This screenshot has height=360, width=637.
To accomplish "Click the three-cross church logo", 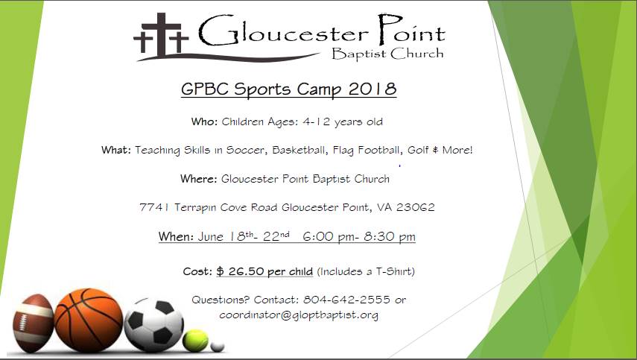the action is tap(161, 36).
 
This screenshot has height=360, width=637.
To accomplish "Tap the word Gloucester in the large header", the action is tap(283, 31).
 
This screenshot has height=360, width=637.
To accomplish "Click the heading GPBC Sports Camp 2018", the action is tap(288, 89).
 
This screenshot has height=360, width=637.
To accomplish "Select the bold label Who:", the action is tap(205, 122).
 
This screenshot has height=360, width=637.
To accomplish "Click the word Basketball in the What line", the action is tap(300, 151).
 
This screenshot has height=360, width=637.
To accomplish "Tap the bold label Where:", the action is tap(199, 179).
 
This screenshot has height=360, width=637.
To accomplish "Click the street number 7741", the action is tap(154, 208).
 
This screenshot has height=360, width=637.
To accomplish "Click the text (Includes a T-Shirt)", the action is tap(366, 271).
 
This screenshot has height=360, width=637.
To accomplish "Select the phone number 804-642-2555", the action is tap(346, 300).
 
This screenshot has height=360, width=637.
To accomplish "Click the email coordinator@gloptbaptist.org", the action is tap(299, 315).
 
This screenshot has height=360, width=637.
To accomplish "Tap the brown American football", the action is tap(33, 323).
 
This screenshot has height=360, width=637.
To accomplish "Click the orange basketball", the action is tap(89, 320).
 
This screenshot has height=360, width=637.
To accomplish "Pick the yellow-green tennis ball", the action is tap(195, 341).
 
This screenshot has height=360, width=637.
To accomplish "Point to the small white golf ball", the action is tap(218, 347).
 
